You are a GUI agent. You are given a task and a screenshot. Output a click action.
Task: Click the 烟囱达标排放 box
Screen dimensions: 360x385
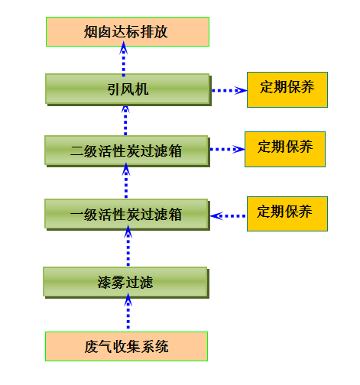coord(128,32)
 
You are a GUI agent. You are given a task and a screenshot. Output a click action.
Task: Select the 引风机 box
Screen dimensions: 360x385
coord(128,89)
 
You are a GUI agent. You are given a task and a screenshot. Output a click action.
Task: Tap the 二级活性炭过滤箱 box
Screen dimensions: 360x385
coord(127,151)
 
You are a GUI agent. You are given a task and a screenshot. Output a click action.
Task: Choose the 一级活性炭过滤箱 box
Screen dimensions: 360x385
coord(127,215)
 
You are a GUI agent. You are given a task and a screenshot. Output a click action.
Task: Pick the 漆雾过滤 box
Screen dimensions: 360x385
coord(126,283)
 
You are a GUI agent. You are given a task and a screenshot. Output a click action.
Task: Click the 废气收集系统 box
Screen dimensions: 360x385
coord(126,346)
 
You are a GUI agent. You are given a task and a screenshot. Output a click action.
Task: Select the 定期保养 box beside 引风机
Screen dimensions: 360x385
coord(287,89)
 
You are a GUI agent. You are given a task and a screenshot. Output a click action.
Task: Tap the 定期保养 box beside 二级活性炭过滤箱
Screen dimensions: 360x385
coord(285,149)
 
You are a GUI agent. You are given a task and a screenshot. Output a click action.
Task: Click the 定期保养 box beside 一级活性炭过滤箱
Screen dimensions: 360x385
coord(287,214)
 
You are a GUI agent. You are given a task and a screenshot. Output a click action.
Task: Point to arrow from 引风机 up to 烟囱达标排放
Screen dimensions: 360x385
coord(124,59)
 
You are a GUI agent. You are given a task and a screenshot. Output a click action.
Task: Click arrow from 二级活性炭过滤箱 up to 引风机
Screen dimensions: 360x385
coord(125,121)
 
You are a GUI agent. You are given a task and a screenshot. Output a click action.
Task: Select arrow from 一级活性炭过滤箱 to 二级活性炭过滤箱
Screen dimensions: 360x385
coord(126,180)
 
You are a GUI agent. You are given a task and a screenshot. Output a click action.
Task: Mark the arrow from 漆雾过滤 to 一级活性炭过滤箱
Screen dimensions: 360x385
coord(128,246)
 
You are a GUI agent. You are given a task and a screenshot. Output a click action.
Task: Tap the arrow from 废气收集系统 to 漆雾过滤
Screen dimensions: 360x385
coord(128,311)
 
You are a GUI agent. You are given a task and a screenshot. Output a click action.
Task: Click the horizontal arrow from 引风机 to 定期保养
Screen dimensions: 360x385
coord(229,90)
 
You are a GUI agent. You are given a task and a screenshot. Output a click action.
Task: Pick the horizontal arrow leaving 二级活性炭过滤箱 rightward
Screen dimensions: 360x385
coord(228,149)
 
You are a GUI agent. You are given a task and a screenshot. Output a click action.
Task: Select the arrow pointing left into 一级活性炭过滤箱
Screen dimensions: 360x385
coord(228,216)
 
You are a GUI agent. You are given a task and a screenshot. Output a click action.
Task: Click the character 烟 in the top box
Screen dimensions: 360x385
coord(91,32)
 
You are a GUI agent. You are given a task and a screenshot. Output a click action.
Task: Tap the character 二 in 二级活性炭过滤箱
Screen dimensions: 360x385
coord(77,151)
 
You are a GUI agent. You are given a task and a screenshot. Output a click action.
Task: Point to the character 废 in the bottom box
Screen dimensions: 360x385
coord(91,347)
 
